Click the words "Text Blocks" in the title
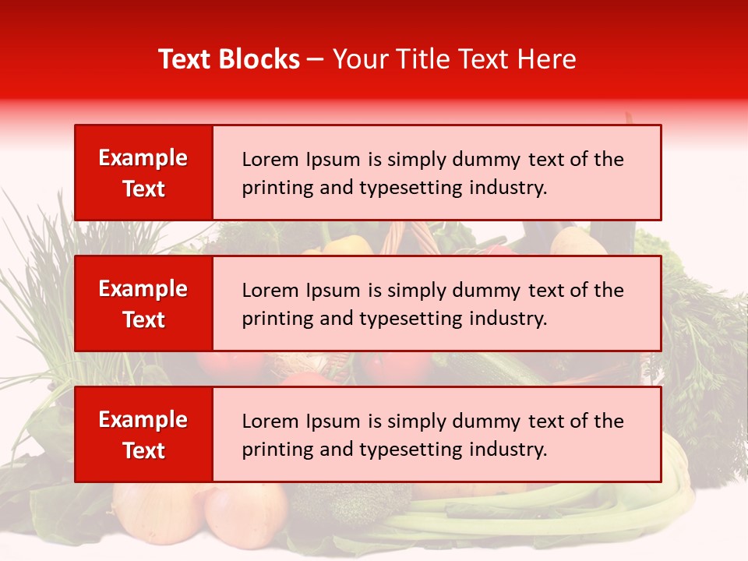pyautogui.click(x=229, y=59)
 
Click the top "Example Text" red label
pyautogui.click(x=143, y=173)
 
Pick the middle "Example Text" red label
pyautogui.click(x=143, y=304)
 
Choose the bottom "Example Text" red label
pyautogui.click(x=143, y=435)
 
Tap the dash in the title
pyautogui.click(x=316, y=59)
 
